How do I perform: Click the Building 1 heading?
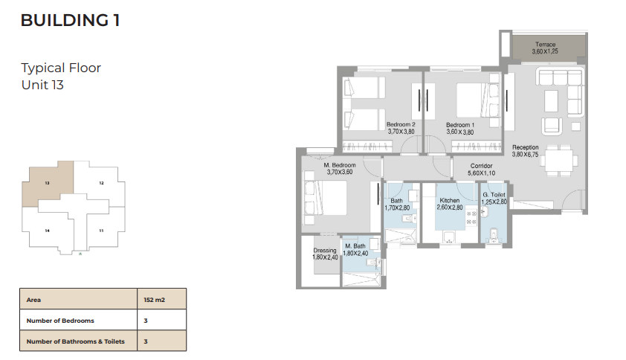[71, 20]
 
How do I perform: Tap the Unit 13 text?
[42, 85]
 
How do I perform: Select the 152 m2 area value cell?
[161, 299]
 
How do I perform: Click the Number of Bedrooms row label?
[60, 321]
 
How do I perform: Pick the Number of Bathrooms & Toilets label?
[75, 341]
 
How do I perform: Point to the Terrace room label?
[546, 45]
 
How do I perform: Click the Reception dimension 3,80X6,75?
[525, 154]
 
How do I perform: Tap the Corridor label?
[481, 165]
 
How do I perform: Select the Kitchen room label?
[450, 200]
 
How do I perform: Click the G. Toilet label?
[494, 195]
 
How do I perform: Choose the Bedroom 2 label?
[401, 124]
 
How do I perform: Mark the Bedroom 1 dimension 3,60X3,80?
[460, 132]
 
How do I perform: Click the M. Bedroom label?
[340, 165]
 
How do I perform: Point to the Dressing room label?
[325, 251]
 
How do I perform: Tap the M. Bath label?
[355, 246]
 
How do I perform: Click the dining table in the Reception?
[559, 160]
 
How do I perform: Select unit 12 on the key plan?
[101, 183]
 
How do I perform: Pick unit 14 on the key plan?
[47, 231]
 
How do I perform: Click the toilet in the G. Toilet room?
[494, 236]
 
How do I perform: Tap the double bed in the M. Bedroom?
[326, 198]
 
